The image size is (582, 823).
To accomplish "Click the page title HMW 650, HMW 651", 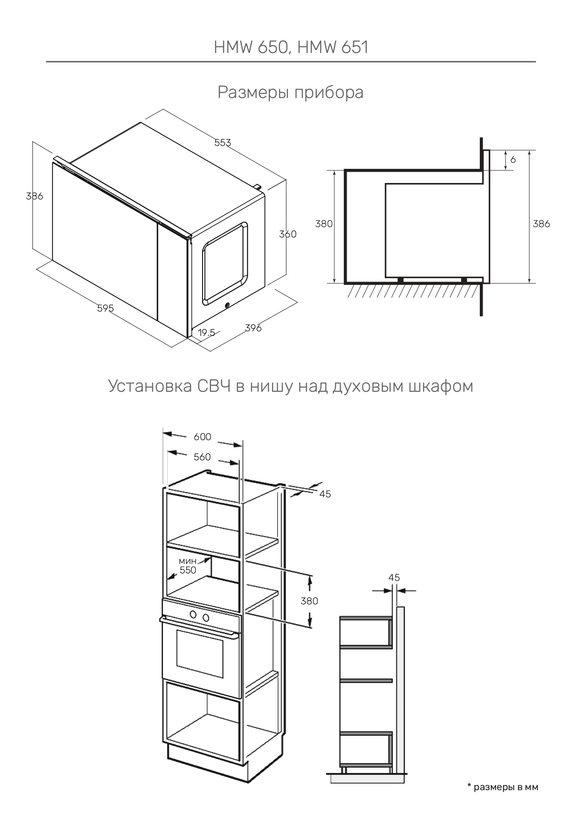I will point(291,47).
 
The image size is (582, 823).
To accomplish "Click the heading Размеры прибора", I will point(290,92).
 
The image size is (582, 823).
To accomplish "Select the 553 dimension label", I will point(223,143).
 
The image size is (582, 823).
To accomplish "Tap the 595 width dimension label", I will point(106,308).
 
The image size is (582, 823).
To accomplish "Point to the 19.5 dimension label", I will point(206,333).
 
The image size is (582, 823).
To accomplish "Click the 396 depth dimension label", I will point(253,328).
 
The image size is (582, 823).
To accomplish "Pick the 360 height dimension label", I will point(287,234).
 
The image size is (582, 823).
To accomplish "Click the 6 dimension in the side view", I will point(513,160).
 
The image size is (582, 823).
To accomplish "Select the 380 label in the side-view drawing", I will point(324,224).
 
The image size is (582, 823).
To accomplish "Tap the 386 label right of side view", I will point(541,224).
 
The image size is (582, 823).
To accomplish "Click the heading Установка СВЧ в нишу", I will point(290,386).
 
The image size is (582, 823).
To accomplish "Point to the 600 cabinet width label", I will point(203,437).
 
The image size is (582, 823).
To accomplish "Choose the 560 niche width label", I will point(203,457).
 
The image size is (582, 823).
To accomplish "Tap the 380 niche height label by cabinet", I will point(310,601).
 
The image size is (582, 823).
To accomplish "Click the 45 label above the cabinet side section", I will point(394,578).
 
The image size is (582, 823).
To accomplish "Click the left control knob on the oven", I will point(193,614).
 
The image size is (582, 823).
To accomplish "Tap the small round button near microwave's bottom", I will point(227,305).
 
